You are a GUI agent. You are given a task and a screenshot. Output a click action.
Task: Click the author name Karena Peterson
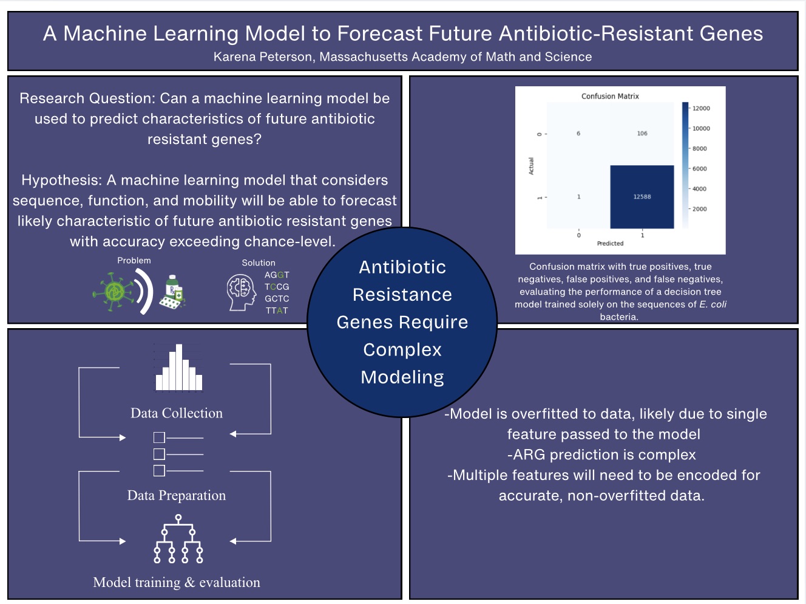click(x=263, y=57)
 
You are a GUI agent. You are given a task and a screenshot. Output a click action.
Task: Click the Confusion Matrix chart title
click(x=610, y=96)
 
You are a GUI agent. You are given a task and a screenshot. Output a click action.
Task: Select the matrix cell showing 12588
click(x=642, y=196)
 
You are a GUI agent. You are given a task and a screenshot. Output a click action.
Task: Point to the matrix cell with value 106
click(x=642, y=133)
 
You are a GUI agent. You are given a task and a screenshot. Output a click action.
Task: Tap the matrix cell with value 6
click(x=578, y=133)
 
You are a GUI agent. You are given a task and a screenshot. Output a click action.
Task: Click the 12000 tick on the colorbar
click(x=701, y=108)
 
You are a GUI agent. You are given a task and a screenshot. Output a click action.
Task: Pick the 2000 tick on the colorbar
click(x=699, y=209)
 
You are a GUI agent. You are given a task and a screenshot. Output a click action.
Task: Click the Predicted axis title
click(x=610, y=243)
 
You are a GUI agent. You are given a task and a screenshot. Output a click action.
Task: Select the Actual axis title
click(x=531, y=166)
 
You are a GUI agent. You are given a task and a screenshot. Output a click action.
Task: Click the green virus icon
click(x=113, y=292)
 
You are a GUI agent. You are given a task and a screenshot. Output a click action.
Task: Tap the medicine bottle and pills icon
click(x=172, y=292)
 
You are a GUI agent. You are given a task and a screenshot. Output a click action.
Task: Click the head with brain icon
click(x=241, y=292)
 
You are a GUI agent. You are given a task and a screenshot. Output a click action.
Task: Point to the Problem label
click(x=134, y=260)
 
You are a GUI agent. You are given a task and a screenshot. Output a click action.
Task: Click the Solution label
click(x=259, y=263)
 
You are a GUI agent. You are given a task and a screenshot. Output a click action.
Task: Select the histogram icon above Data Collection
click(x=178, y=368)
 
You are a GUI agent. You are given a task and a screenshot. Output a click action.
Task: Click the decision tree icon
click(x=178, y=539)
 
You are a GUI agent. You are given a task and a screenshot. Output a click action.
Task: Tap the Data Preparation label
click(x=177, y=495)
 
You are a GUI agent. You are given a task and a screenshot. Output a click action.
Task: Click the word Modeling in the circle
click(x=402, y=377)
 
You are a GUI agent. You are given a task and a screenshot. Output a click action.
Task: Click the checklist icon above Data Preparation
click(x=178, y=454)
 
